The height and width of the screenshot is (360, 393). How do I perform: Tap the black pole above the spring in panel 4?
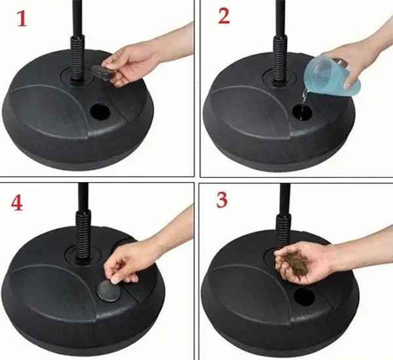(x=83, y=196)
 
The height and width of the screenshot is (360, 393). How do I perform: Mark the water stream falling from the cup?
(x=302, y=98)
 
